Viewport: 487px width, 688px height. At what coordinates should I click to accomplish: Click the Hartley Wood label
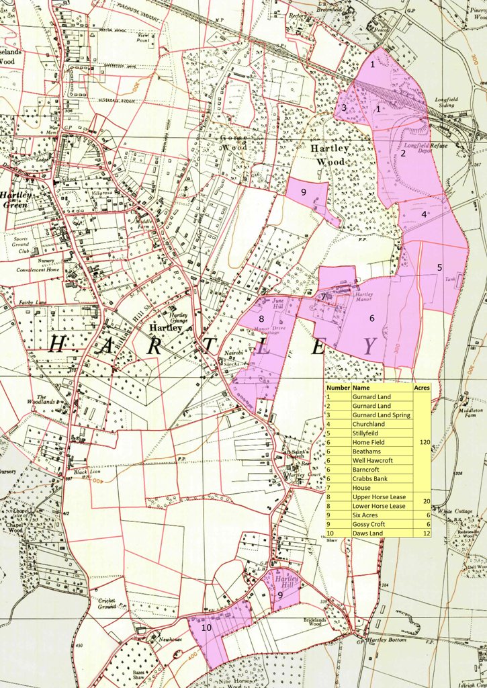pos(329,155)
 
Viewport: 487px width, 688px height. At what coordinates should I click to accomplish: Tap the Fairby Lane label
pos(31,302)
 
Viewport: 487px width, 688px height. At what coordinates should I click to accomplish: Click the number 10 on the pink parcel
pos(207,627)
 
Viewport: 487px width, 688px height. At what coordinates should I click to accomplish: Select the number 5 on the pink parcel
pos(440,267)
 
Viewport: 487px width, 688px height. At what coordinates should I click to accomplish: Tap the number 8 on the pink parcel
pos(261,318)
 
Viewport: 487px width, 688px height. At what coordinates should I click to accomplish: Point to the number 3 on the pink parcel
pos(343,107)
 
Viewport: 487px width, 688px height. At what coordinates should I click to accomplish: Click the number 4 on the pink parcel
pos(424,214)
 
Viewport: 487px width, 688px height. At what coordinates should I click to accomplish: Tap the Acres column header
pos(422,388)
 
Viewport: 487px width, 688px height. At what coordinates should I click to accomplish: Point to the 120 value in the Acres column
pos(423,442)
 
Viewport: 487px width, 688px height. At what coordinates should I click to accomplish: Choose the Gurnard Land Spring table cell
pos(382,415)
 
